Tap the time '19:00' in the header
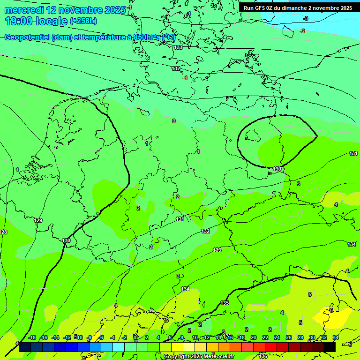point(19,21)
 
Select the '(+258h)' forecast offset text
point(83,21)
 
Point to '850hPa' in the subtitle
point(147,37)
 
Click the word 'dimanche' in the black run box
point(294,8)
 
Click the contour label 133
point(178,48)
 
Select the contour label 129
point(38,221)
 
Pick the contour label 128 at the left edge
point(3,232)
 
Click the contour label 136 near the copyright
point(263,357)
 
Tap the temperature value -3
point(306,18)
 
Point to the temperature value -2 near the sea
point(302,31)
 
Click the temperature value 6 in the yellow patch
point(331,310)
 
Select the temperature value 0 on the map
point(173,121)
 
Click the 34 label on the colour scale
point(335,338)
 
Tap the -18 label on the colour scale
point(32,338)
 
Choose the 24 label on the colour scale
point(277,338)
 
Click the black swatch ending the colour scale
point(330,347)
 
